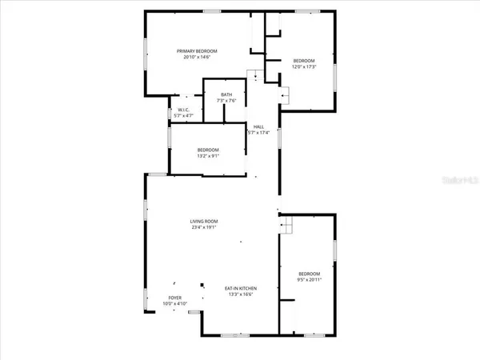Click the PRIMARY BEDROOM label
pos(197,51)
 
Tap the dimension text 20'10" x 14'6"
pos(197,58)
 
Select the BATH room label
pos(226,95)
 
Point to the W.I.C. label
pos(183,111)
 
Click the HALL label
pos(258,126)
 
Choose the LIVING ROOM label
pos(204,222)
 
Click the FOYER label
pos(174,298)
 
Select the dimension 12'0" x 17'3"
pos(304,67)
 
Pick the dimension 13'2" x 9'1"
pos(208,156)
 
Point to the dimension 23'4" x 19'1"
pos(204,228)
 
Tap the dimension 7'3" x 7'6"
pos(226,102)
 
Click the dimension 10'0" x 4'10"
pos(174,304)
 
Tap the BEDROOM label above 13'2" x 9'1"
pos(208,150)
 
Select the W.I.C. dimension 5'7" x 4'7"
pos(183,118)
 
